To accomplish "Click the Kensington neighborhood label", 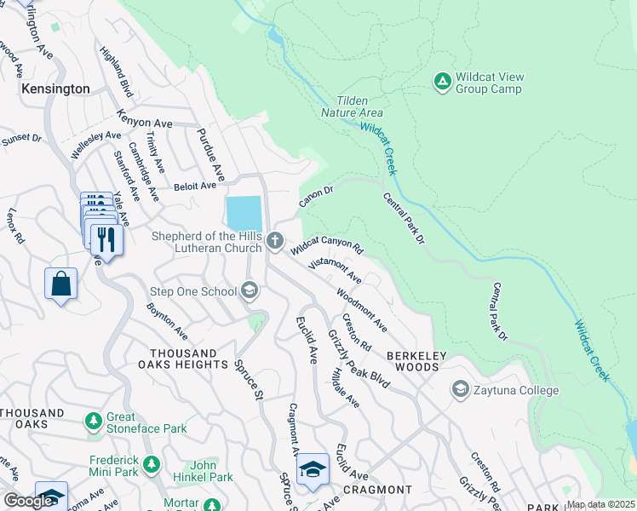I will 56,89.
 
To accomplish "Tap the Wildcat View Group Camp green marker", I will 442,82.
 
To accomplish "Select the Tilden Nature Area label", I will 352,106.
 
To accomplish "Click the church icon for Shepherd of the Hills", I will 274,241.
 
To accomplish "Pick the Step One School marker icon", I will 249,292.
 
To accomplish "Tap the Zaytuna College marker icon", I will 461,390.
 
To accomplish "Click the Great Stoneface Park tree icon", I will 93,422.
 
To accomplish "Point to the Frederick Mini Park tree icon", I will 152,465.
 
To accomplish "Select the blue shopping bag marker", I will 62,284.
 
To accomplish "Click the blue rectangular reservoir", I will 243,213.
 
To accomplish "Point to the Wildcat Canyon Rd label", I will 327,247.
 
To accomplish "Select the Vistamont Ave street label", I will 335,273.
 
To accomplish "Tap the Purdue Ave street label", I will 210,155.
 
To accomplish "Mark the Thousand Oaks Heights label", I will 183,359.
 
